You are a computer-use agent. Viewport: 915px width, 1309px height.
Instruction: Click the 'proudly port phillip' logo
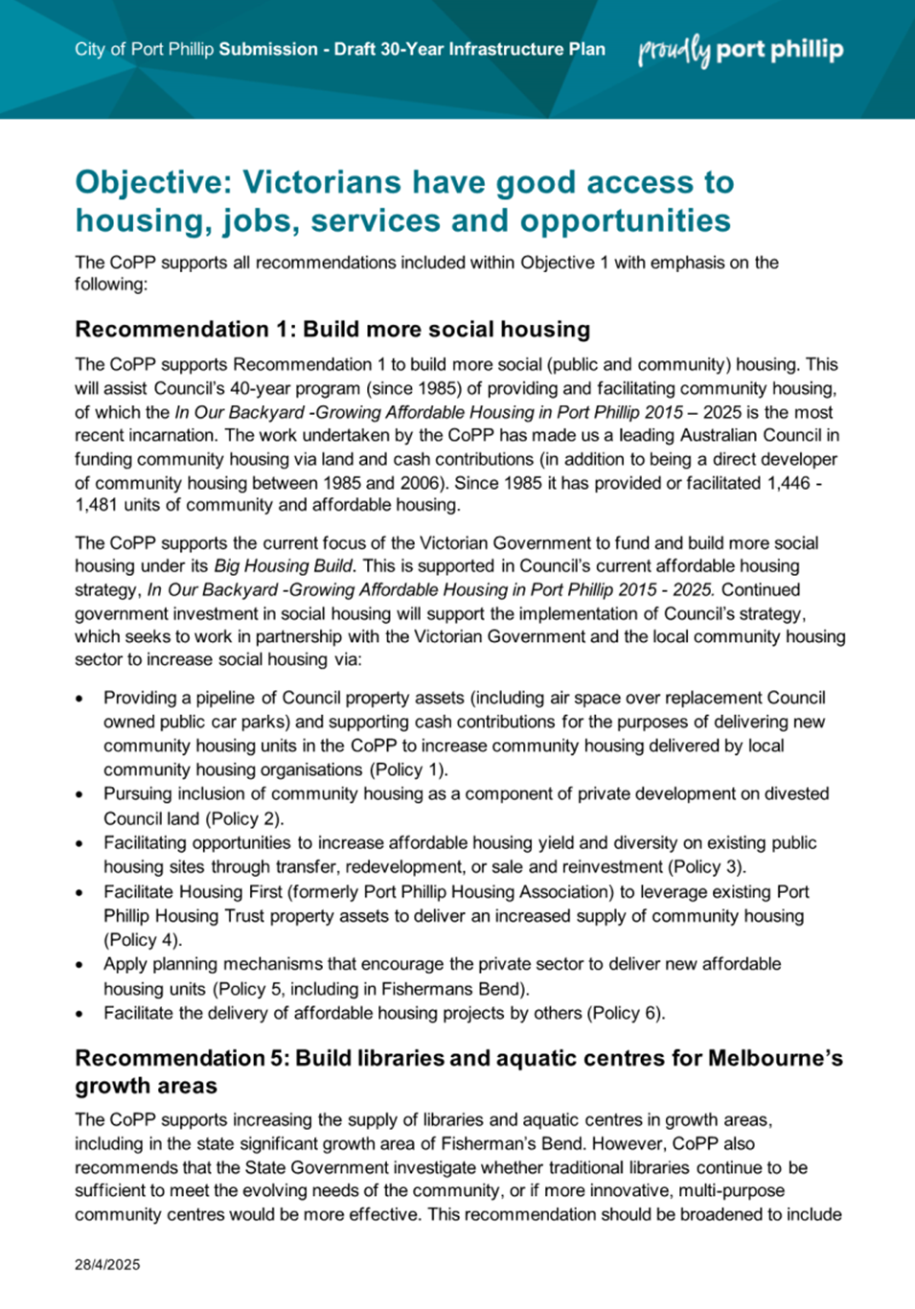[x=741, y=50]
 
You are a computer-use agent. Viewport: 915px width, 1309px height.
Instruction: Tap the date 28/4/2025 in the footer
[x=107, y=1265]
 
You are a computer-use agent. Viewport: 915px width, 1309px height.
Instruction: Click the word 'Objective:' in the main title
[x=153, y=182]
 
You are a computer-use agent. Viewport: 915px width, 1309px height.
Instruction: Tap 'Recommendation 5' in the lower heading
[x=180, y=1058]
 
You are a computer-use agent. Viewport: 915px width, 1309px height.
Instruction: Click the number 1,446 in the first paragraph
[x=789, y=482]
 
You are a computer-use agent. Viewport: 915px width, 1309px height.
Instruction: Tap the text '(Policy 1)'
[x=410, y=769]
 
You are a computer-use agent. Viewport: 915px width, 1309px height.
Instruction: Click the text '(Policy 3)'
[x=709, y=866]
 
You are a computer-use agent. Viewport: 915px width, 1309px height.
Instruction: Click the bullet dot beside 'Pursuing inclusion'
[x=80, y=794]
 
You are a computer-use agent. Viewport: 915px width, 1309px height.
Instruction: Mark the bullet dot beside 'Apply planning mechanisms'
[x=80, y=965]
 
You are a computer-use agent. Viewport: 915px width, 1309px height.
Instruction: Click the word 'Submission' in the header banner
[x=268, y=50]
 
